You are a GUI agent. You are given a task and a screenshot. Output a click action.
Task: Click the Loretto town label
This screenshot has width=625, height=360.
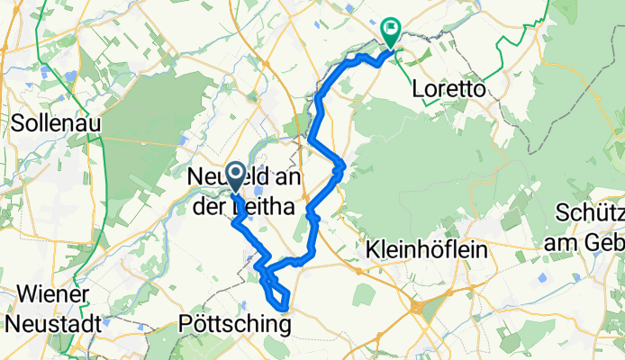tap(448, 89)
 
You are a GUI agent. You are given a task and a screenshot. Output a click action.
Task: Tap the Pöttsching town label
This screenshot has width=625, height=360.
tap(235, 321)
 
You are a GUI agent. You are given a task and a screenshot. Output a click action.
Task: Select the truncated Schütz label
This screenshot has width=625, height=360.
tap(590, 215)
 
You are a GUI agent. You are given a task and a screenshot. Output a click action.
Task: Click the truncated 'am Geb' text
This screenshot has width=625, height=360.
tap(584, 241)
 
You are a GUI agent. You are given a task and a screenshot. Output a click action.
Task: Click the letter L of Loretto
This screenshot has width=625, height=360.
tap(416, 89)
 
